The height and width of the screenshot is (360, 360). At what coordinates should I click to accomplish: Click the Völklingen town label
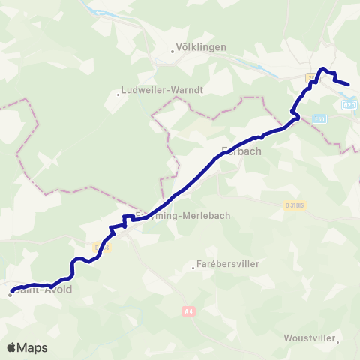(x=200, y=46)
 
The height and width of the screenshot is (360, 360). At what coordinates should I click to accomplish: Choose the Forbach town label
(x=241, y=150)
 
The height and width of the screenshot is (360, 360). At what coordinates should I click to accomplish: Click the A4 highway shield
(x=187, y=309)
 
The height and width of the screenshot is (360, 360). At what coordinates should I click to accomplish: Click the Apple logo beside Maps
(x=11, y=347)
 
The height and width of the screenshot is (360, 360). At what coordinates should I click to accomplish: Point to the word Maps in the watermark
(x=33, y=348)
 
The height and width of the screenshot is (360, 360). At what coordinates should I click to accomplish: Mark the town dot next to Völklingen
(x=172, y=52)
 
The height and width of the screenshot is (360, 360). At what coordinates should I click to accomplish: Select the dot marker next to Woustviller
(x=339, y=343)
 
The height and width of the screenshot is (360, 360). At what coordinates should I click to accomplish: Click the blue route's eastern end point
(x=349, y=84)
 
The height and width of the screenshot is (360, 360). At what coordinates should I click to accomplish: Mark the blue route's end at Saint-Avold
(x=12, y=290)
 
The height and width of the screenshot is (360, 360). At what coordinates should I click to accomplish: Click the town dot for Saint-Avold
(x=10, y=295)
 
